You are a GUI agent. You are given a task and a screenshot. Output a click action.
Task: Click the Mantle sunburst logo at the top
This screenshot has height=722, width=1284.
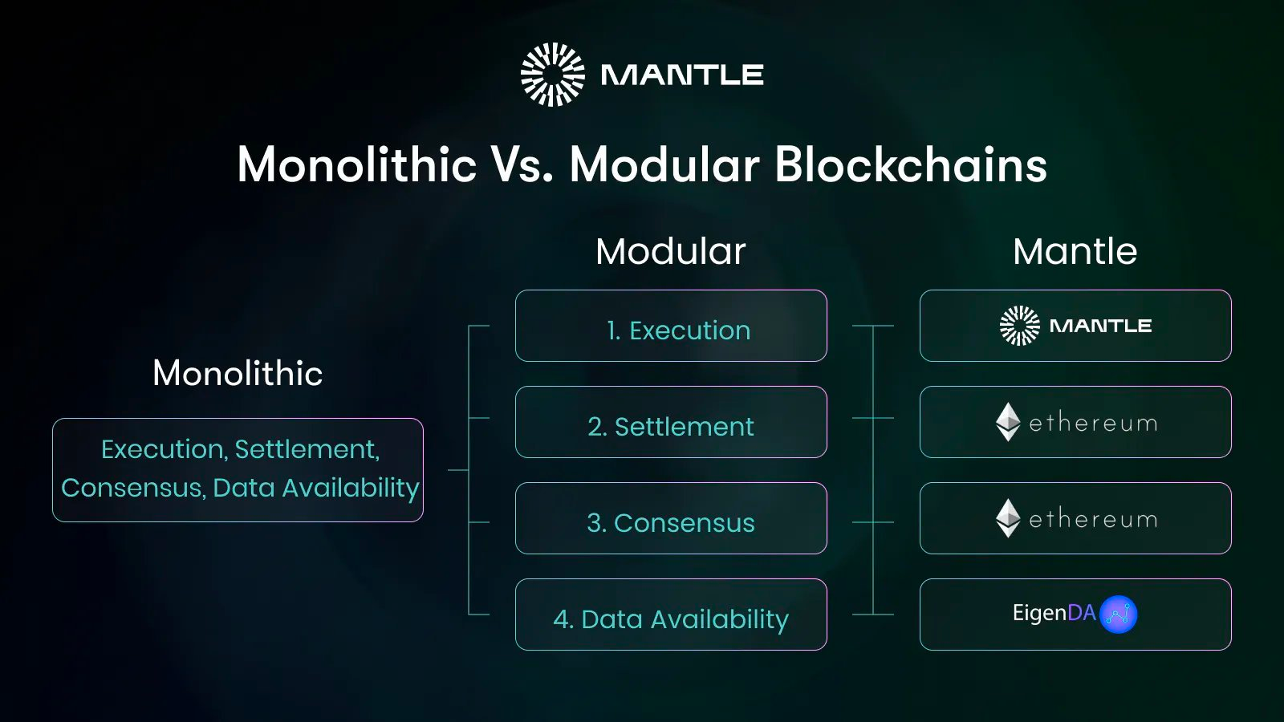tap(553, 75)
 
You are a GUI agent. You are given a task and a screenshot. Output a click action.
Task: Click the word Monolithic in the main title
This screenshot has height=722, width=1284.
tap(357, 165)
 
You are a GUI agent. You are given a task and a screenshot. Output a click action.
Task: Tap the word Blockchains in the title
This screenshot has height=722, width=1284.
tap(911, 165)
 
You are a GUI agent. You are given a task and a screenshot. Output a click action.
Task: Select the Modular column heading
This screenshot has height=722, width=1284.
tap(671, 252)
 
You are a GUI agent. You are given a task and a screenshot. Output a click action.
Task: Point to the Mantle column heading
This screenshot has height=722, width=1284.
tap(1075, 252)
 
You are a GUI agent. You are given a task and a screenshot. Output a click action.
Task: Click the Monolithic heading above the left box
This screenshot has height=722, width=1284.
tap(238, 373)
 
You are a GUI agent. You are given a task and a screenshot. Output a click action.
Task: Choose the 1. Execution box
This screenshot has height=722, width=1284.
tap(671, 326)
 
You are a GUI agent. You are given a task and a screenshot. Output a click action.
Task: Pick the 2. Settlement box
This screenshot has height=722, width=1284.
tap(671, 422)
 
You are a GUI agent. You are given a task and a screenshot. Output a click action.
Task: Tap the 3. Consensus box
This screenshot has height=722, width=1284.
tap(671, 518)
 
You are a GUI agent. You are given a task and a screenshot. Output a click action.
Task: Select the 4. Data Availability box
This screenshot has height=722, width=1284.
tap(671, 615)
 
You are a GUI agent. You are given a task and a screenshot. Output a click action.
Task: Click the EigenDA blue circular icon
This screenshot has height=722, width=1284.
tap(1119, 615)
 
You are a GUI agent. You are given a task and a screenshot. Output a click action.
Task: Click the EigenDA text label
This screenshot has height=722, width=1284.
tap(1054, 614)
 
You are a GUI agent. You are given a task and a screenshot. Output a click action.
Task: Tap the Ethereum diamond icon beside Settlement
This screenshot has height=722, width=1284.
tap(1008, 422)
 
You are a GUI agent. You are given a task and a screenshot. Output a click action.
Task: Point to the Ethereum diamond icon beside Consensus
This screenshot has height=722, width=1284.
tap(1008, 518)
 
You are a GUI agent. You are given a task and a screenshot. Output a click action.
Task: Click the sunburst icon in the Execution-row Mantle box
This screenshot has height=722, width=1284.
tap(1020, 326)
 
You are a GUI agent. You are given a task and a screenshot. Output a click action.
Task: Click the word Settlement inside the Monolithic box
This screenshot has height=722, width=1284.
tap(307, 449)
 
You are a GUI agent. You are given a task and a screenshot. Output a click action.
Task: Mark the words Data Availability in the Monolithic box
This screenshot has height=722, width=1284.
tap(316, 489)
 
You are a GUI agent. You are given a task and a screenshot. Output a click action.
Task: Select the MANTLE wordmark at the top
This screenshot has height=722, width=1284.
tap(682, 75)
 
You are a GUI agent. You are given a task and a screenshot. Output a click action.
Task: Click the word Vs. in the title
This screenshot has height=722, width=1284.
tap(522, 165)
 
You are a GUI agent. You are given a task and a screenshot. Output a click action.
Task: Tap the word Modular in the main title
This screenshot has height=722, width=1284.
tap(664, 165)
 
